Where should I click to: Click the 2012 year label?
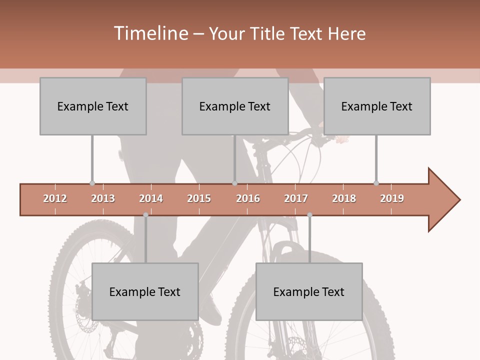click(55, 198)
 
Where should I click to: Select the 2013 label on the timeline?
click(103, 198)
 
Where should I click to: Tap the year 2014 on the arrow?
click(151, 198)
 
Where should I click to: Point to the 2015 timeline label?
click(199, 198)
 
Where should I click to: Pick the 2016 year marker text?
click(248, 198)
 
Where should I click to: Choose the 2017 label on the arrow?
click(296, 198)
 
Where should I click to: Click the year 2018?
click(344, 198)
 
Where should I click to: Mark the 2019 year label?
click(392, 198)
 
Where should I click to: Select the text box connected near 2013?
click(93, 106)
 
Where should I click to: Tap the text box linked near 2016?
click(235, 106)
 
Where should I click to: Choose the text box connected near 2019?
click(377, 106)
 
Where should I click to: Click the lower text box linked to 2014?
click(145, 292)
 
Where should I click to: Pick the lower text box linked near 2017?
click(309, 292)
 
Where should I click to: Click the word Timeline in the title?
click(150, 33)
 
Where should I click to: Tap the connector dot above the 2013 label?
click(92, 183)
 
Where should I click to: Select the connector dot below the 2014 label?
click(145, 215)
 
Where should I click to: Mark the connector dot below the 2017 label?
click(309, 215)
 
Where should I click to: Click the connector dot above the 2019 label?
click(376, 183)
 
